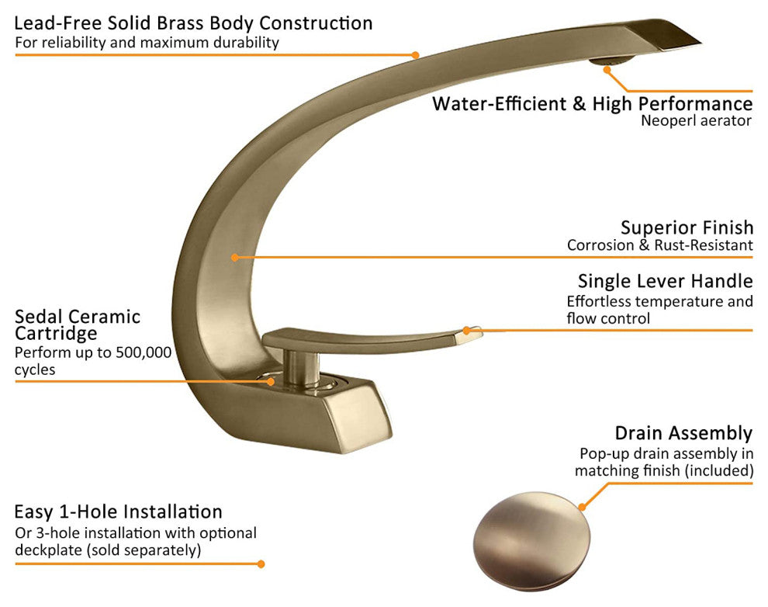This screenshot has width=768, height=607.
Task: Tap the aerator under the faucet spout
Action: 602,61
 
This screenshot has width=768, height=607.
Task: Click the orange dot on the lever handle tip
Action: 467,331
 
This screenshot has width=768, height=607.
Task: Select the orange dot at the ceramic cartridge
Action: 271,380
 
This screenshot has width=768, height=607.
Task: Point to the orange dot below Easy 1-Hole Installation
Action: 261,564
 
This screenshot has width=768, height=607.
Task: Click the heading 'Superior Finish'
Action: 687,227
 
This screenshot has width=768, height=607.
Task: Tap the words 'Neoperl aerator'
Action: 696,120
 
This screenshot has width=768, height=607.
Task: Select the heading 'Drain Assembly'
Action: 683,432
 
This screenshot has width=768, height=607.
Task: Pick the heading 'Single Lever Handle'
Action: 665,280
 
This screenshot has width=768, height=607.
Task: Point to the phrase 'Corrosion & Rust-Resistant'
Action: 659,245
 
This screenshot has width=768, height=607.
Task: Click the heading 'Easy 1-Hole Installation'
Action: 118,512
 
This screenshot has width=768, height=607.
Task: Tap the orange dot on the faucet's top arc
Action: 415,55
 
